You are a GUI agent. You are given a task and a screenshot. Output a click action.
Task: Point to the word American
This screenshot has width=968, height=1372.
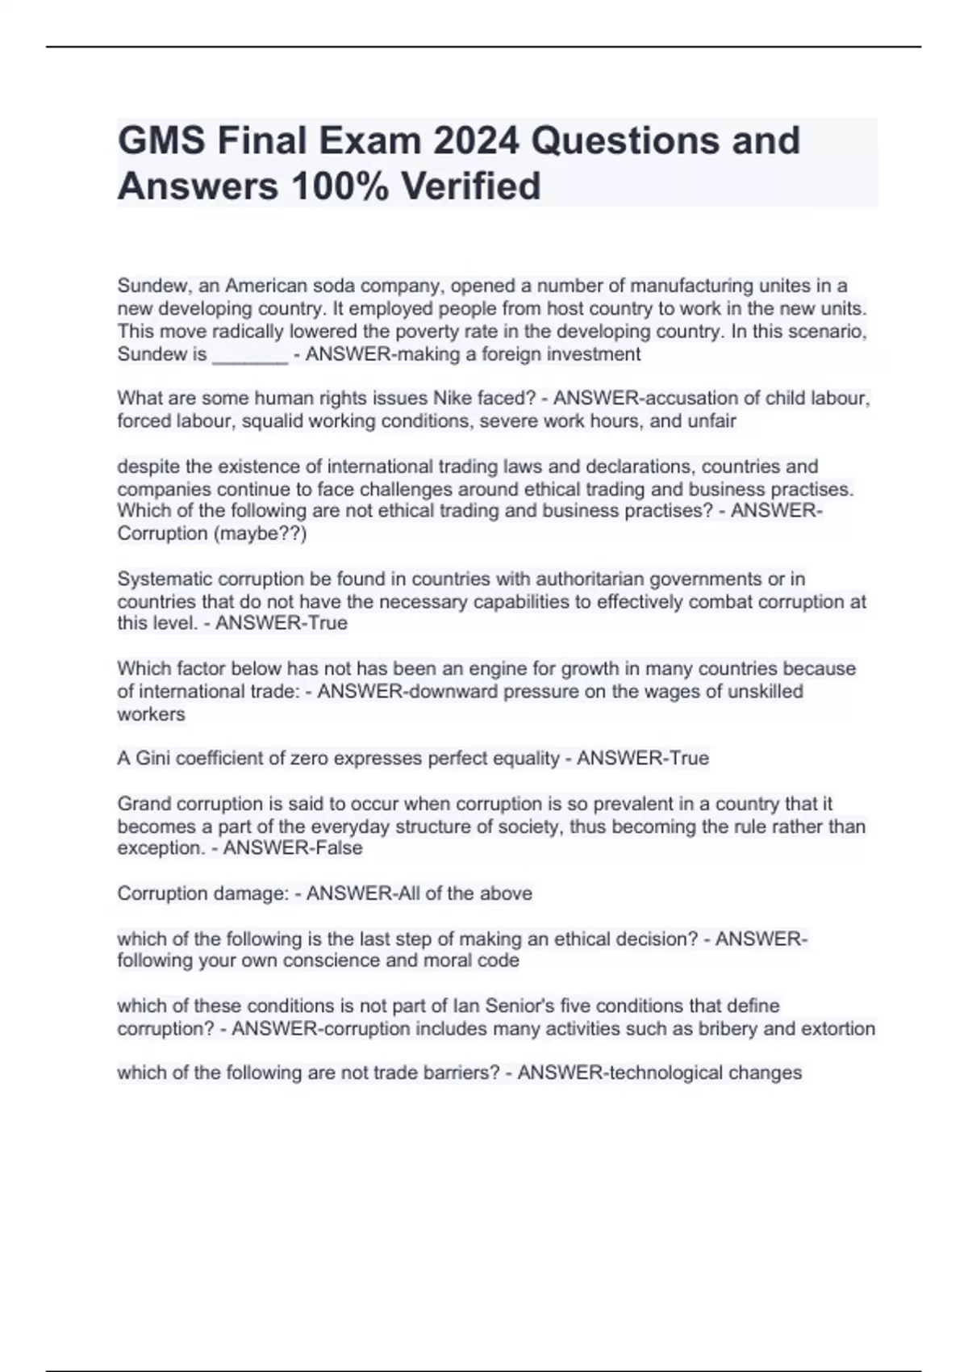(265, 286)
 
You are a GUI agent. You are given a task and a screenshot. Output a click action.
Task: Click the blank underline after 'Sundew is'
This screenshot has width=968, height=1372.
(249, 354)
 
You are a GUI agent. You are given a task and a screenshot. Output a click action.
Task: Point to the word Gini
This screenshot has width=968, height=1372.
(152, 758)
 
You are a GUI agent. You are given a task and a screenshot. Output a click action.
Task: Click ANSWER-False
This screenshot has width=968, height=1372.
(293, 848)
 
